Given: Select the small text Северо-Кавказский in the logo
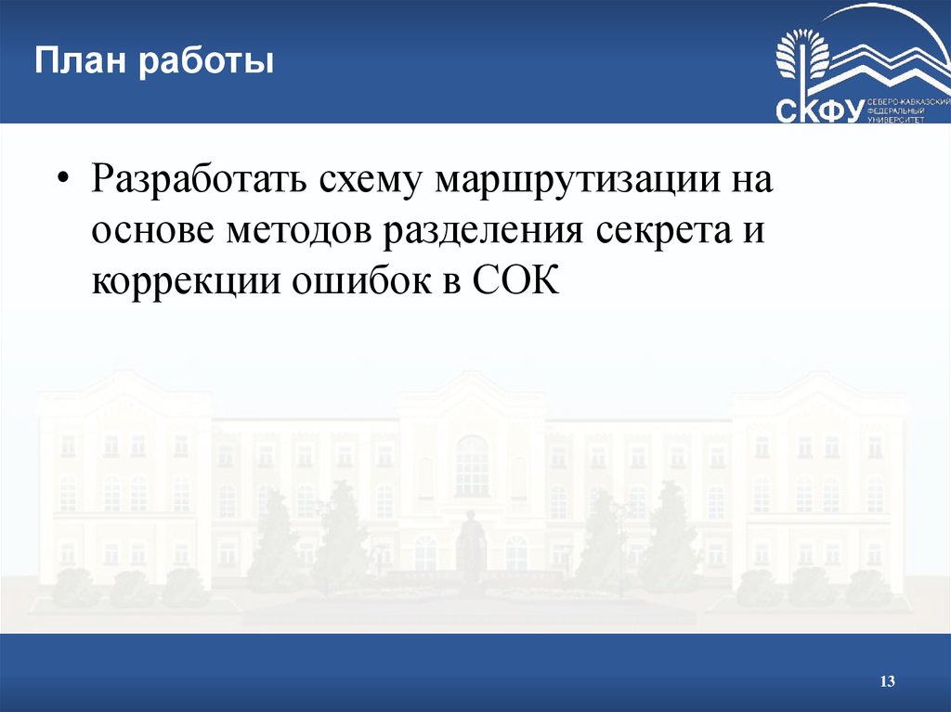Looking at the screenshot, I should coord(908,100).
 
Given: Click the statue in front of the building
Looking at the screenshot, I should coord(471,548).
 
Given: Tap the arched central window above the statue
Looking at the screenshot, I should coord(472,464).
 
